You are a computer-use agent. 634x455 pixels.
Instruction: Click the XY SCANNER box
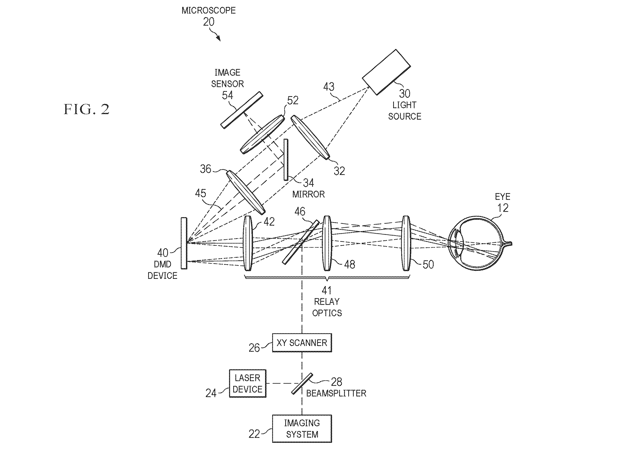click(x=302, y=342)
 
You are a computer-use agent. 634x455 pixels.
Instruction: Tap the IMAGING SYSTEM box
click(x=302, y=428)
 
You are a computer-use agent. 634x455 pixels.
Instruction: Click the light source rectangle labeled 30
click(x=386, y=72)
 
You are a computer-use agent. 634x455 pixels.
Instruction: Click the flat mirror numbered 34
click(x=286, y=160)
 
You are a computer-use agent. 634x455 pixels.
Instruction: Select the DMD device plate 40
click(x=184, y=243)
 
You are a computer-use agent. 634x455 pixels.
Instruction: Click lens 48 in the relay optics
click(x=327, y=243)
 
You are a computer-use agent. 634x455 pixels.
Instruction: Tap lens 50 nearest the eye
click(x=406, y=243)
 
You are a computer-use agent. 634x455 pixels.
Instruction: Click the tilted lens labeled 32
click(x=310, y=137)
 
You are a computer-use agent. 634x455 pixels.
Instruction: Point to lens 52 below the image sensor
click(x=263, y=134)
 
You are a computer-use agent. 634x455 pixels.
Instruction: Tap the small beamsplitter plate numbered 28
click(x=302, y=384)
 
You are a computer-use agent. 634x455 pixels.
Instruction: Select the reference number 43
click(x=329, y=87)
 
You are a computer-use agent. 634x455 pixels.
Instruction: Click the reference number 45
click(x=201, y=193)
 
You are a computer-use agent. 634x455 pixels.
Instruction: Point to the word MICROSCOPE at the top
click(x=209, y=11)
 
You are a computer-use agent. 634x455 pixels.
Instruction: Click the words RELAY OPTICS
click(x=327, y=307)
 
